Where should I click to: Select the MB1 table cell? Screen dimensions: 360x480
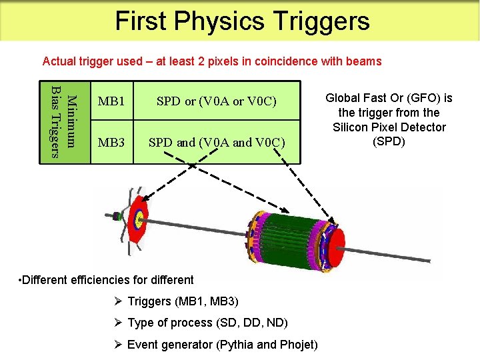(x=111, y=101)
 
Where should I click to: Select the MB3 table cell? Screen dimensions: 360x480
(x=111, y=142)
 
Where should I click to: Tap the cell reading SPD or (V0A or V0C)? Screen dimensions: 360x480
(x=216, y=101)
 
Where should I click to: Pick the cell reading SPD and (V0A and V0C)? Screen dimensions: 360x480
(x=216, y=142)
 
